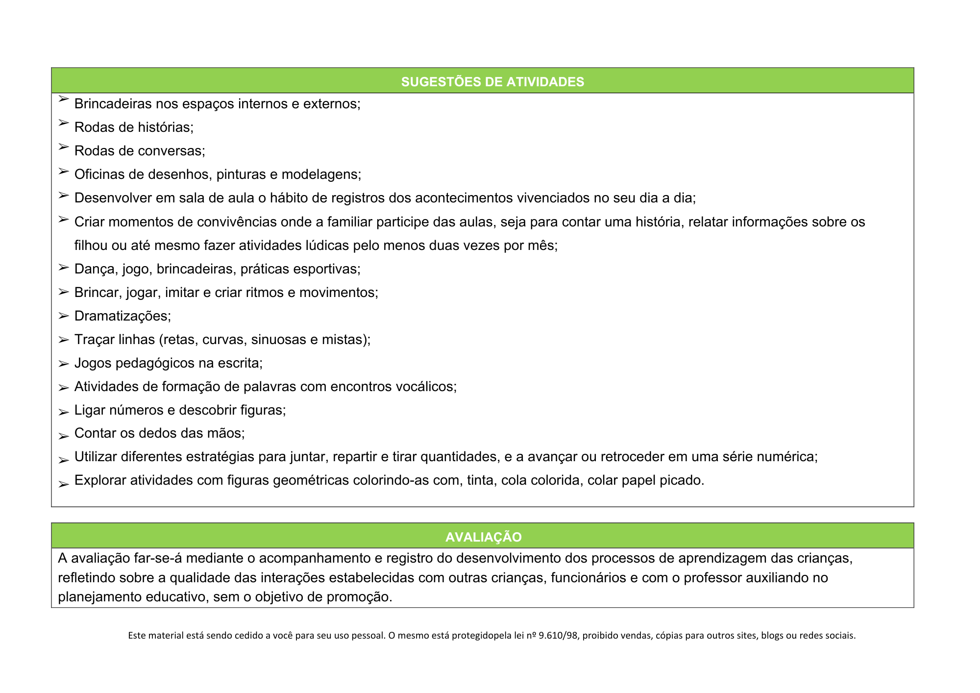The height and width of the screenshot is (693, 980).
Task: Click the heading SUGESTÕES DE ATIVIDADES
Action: click(x=492, y=82)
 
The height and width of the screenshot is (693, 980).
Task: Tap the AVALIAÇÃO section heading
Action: click(x=483, y=537)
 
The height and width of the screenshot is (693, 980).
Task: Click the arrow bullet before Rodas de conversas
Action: click(x=63, y=146)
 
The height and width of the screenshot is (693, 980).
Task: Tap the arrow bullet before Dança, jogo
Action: click(x=63, y=268)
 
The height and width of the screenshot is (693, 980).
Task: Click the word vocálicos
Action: click(x=425, y=387)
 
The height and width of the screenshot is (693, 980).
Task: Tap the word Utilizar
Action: click(x=96, y=457)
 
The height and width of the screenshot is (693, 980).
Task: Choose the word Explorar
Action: click(x=100, y=480)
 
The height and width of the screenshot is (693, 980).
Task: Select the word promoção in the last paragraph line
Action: click(x=359, y=597)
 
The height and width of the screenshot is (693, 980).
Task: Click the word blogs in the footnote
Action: click(x=772, y=636)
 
